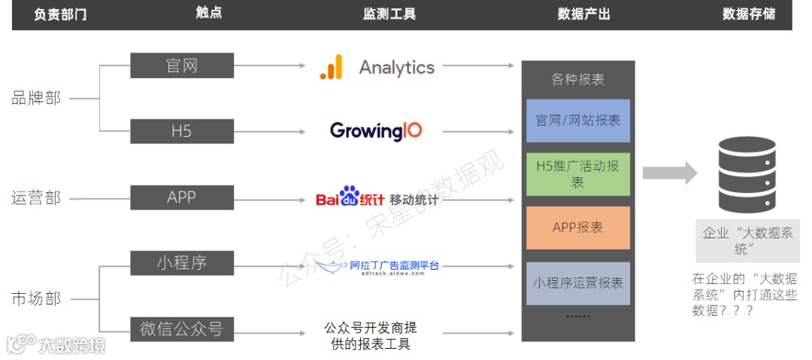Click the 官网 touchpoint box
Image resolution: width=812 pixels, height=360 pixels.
click(181, 65)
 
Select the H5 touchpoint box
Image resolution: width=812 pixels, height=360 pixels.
click(181, 131)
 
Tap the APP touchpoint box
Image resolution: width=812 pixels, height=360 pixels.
click(181, 197)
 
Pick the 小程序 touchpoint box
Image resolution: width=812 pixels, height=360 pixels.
click(181, 263)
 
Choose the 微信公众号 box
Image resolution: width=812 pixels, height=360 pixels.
click(181, 328)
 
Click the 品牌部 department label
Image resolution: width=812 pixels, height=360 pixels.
click(36, 98)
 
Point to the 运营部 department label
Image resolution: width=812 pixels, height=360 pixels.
click(36, 198)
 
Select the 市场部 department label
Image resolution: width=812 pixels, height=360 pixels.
click(36, 298)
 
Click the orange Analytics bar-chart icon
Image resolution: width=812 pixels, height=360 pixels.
click(331, 67)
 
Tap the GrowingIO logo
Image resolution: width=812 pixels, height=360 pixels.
click(376, 131)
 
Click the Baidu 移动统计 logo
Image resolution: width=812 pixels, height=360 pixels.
click(377, 198)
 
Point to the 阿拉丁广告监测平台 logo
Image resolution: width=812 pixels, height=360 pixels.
click(376, 265)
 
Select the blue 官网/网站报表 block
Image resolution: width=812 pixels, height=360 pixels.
click(577, 120)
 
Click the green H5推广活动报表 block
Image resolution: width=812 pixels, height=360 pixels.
click(577, 174)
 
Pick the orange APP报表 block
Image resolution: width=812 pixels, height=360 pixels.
click(577, 227)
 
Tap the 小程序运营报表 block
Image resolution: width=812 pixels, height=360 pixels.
click(577, 283)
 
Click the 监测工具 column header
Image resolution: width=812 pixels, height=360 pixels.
click(389, 14)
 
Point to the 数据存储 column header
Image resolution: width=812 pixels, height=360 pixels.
click(748, 14)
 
